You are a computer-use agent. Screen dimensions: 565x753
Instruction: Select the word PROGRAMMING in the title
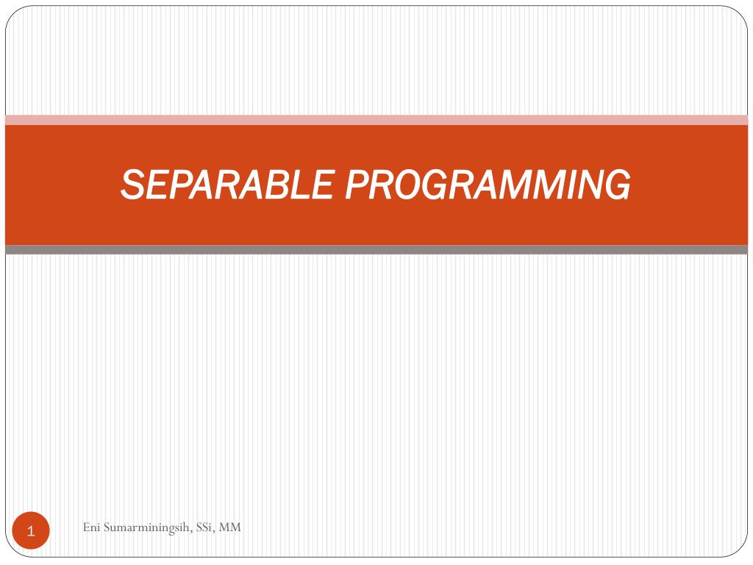488,185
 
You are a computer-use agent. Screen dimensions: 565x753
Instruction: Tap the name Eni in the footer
91,527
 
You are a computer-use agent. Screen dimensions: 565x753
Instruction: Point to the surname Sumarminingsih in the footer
148,528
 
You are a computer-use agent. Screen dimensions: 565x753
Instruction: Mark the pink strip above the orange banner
376,120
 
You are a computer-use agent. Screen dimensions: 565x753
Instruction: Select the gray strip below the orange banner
376,250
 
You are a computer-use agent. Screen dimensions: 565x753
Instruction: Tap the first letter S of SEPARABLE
132,185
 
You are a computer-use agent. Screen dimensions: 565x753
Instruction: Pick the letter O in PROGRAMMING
410,185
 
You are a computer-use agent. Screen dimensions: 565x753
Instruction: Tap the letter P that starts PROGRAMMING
357,185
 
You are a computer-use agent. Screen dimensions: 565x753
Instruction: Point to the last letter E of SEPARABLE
322,185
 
